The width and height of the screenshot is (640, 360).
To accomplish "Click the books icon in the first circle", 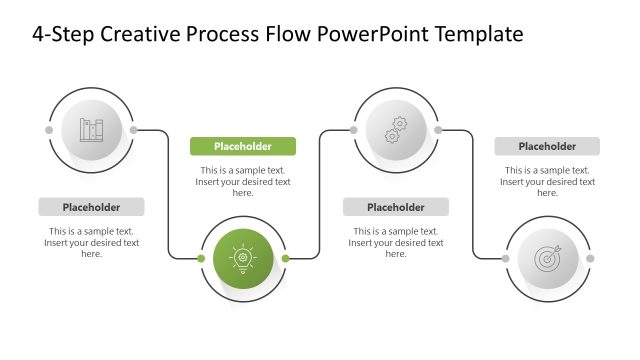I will pyautogui.click(x=91, y=129).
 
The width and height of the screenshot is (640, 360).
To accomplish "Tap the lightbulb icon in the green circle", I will pyautogui.click(x=243, y=258).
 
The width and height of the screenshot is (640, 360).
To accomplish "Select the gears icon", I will pyautogui.click(x=396, y=129).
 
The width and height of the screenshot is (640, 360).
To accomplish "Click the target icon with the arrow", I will pyautogui.click(x=547, y=258).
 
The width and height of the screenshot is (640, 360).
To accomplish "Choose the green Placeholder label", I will pyautogui.click(x=243, y=146).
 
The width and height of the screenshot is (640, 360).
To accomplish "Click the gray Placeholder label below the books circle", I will pyautogui.click(x=91, y=207).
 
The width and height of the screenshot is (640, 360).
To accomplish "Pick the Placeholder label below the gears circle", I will pyautogui.click(x=396, y=207).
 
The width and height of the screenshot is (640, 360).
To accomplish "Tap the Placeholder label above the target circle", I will pyautogui.click(x=547, y=146).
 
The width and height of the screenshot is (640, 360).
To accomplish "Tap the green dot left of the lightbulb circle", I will pyautogui.click(x=201, y=258).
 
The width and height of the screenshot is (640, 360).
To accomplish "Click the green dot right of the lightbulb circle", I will pyautogui.click(x=285, y=258).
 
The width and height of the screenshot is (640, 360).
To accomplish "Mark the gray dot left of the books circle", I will pyautogui.click(x=49, y=129).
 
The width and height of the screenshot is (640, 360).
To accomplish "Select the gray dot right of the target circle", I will pyautogui.click(x=589, y=258).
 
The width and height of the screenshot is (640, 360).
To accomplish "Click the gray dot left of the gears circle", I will pyautogui.click(x=353, y=129).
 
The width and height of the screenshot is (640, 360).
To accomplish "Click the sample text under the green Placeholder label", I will pyautogui.click(x=243, y=181).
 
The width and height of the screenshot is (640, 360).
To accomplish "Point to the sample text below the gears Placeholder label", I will pyautogui.click(x=396, y=242).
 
